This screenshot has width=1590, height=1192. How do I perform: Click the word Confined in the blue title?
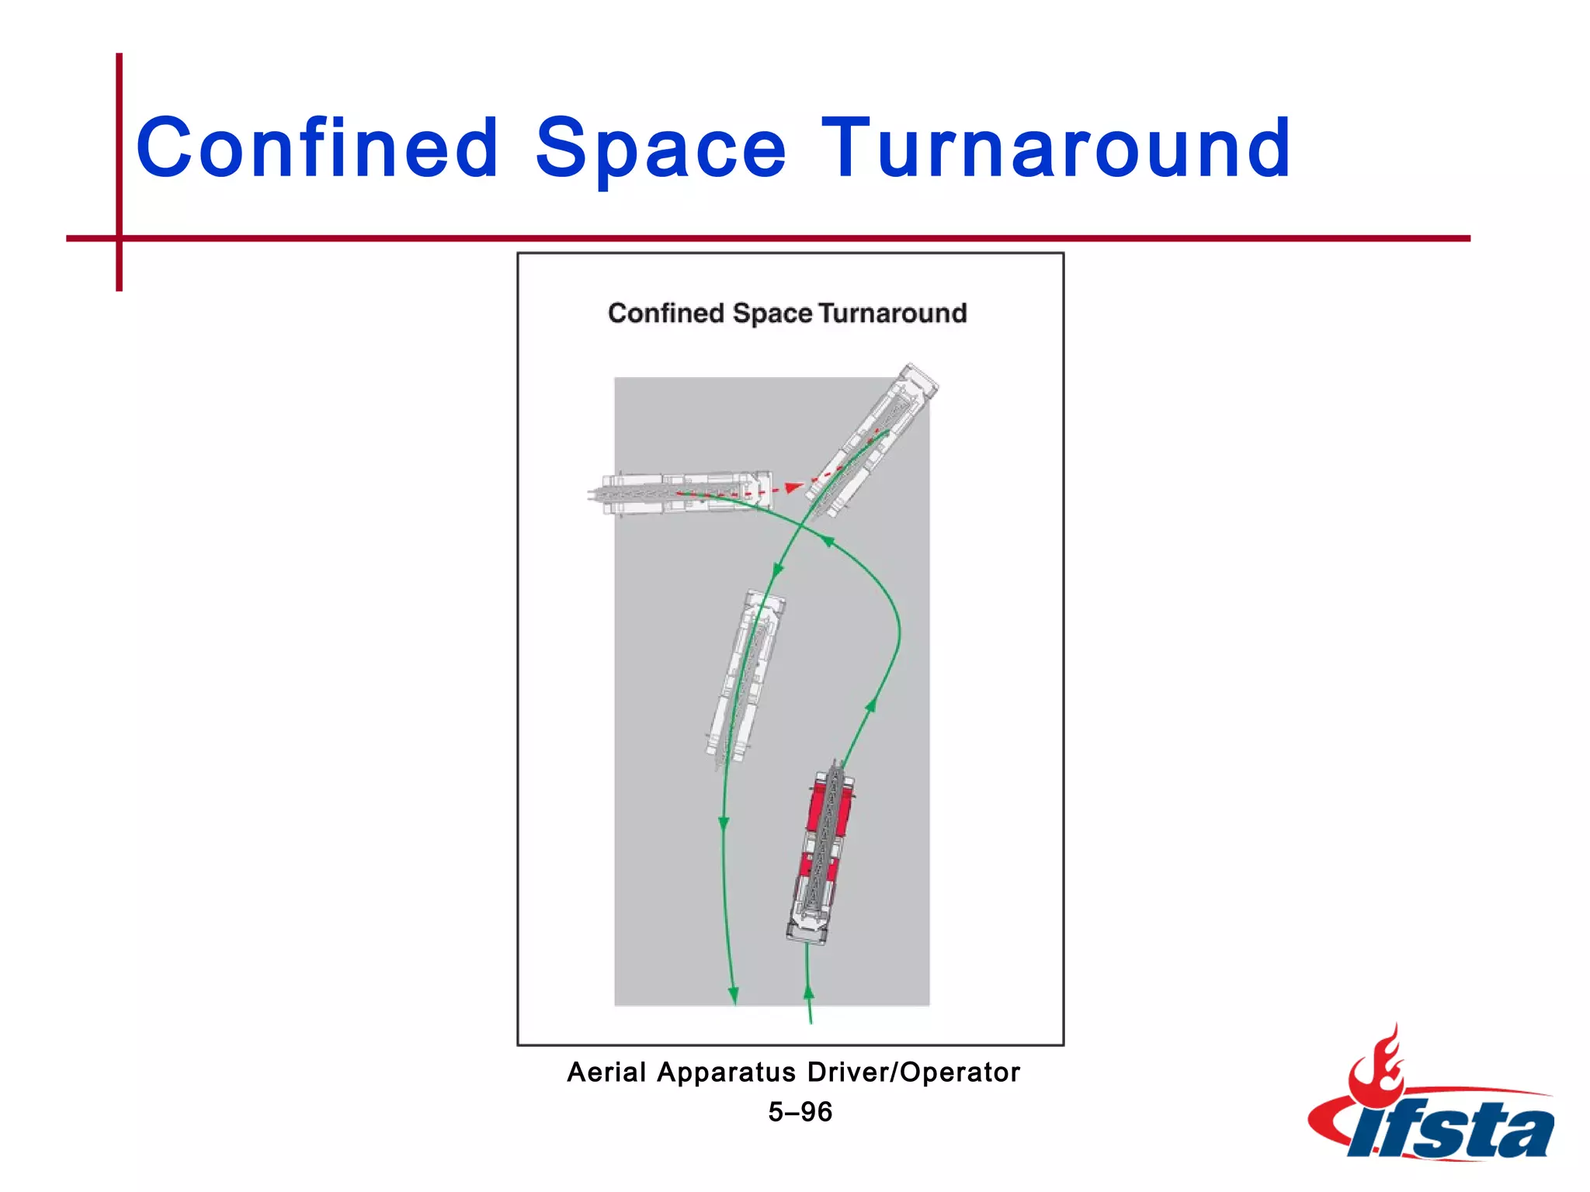[317, 147]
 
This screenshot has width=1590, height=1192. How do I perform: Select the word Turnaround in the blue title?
[1056, 147]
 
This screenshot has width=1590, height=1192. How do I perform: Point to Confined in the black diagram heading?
[665, 313]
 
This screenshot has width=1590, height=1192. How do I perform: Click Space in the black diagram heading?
[772, 314]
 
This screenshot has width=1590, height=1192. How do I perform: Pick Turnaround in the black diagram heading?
[893, 313]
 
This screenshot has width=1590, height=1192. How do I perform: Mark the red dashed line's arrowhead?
[793, 487]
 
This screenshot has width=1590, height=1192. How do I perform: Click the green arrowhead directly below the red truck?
[808, 992]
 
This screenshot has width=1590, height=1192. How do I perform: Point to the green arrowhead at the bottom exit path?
[733, 995]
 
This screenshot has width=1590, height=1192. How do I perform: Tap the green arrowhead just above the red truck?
[871, 705]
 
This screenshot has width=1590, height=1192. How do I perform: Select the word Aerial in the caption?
[606, 1072]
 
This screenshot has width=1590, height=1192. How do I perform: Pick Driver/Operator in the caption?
[913, 1072]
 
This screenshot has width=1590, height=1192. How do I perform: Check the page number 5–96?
[800, 1112]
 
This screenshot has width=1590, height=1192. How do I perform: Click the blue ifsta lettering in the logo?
[1452, 1130]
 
